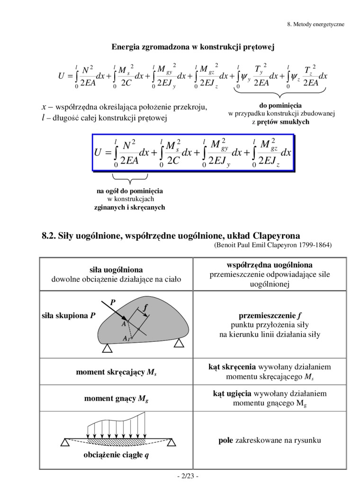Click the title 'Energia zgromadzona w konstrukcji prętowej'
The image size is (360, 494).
[x=192, y=47]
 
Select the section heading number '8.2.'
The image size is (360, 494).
[x=50, y=236]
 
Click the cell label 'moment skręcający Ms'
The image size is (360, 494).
[x=116, y=373]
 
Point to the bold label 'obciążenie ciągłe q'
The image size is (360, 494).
[x=117, y=457]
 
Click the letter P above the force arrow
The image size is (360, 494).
[x=112, y=302]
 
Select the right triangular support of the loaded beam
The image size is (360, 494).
[x=171, y=442]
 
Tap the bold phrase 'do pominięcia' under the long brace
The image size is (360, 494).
[x=280, y=105]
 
